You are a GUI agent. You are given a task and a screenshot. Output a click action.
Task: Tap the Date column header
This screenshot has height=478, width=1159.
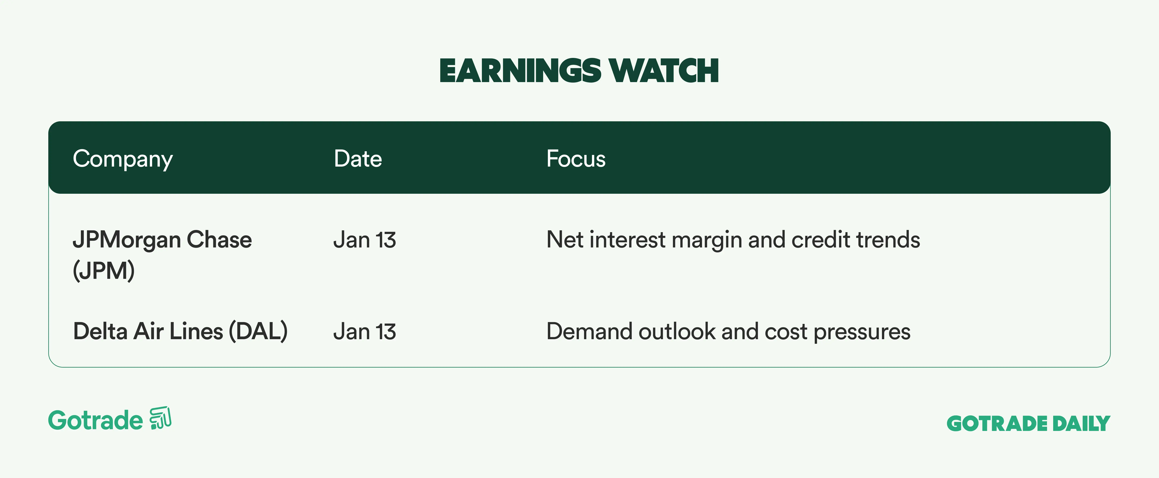[x=358, y=159]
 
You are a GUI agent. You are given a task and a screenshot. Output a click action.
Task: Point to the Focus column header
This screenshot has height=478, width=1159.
[x=576, y=159]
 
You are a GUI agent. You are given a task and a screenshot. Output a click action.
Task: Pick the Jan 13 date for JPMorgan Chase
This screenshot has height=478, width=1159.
[x=364, y=240]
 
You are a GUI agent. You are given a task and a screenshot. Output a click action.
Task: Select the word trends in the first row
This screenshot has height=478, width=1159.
[x=888, y=240]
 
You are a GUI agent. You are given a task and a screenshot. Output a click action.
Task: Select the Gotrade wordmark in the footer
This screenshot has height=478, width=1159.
[x=95, y=420]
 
